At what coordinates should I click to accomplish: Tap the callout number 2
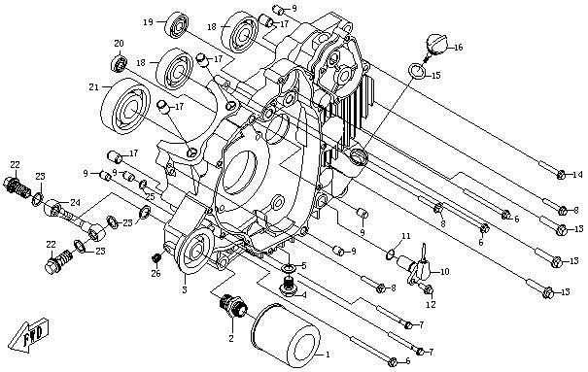click(230, 339)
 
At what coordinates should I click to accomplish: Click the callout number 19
click(148, 21)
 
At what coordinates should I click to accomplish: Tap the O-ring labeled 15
click(415, 70)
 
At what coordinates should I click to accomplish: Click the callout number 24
click(75, 203)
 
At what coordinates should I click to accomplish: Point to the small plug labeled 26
click(156, 257)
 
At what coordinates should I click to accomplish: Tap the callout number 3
click(184, 288)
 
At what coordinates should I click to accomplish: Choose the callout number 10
click(445, 273)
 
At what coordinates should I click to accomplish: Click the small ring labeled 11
click(390, 255)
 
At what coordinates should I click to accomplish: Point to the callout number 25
click(150, 197)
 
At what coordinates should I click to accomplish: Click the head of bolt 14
click(562, 175)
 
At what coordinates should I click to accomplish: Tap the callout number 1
click(327, 355)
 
